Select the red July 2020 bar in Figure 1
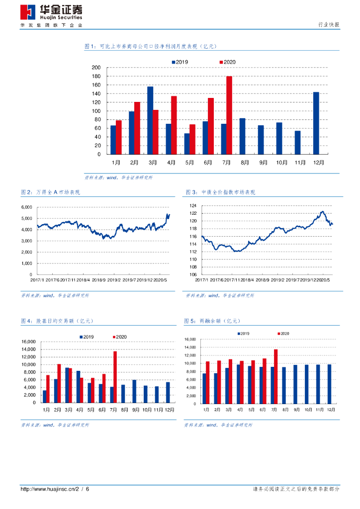point(229,115)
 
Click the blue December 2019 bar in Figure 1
point(316,123)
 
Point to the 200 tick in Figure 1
point(96,68)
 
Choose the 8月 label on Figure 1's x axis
point(245,162)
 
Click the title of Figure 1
point(151,46)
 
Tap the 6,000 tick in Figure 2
point(26,207)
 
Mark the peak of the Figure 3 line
point(322,212)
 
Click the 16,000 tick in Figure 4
point(28,342)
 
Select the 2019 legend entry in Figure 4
point(87,337)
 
